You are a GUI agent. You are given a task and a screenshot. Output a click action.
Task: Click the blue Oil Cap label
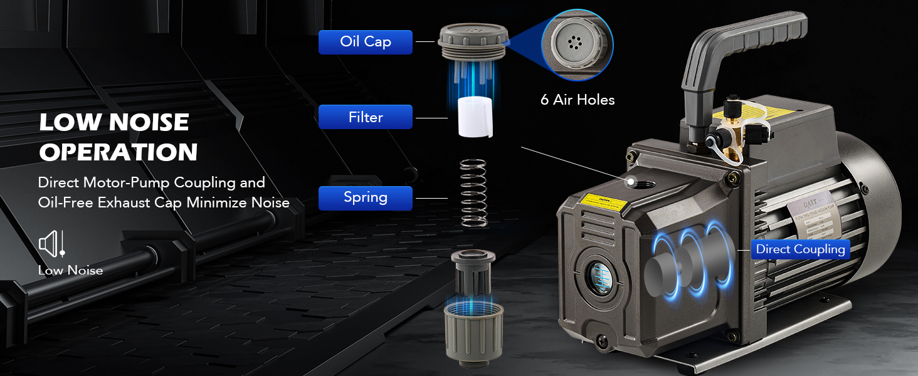(x=365, y=42)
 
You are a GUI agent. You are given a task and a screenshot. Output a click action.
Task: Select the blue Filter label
(x=365, y=117)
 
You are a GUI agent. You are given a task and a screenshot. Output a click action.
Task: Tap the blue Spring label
(x=365, y=197)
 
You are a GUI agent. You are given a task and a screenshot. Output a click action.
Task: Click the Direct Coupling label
(x=800, y=249)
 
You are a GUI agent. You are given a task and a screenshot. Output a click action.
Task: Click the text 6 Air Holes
(x=577, y=100)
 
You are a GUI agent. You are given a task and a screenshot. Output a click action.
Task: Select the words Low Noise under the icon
(x=70, y=271)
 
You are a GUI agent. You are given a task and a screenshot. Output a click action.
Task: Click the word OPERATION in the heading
(x=119, y=152)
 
